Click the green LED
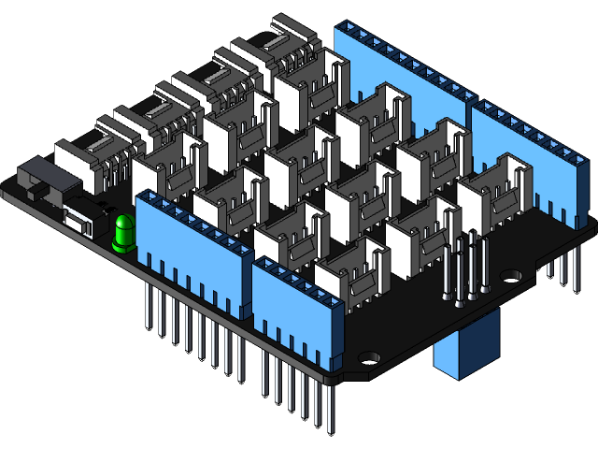[x=122, y=234]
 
